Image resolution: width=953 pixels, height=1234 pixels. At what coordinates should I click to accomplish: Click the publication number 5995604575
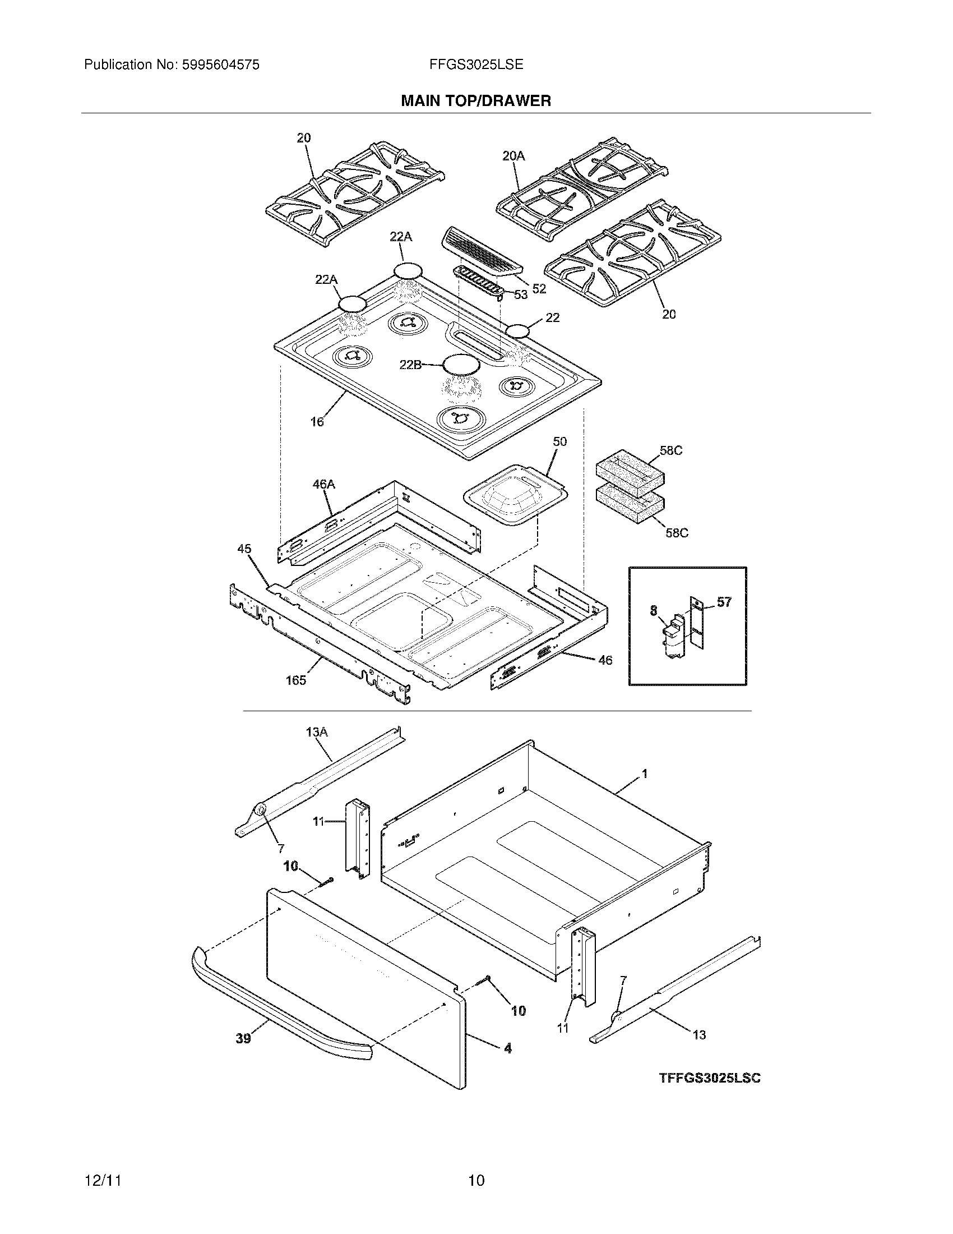coord(220,65)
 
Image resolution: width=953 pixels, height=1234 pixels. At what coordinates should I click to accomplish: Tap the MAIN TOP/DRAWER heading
coord(476,101)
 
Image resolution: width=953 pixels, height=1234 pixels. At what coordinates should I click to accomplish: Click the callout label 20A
coord(513,156)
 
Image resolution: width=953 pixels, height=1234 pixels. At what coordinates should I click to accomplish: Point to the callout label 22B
coord(410,365)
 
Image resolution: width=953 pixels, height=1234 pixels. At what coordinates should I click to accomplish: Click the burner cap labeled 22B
coord(461,365)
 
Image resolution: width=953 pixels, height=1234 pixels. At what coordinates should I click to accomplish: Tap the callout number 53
coord(520,294)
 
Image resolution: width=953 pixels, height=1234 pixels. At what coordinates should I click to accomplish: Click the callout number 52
coord(539,289)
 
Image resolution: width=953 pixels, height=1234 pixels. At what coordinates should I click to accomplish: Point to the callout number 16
coord(317,421)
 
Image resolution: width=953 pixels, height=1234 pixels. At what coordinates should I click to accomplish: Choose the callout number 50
coord(559,441)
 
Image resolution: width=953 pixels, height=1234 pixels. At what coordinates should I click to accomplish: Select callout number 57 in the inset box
coord(724,602)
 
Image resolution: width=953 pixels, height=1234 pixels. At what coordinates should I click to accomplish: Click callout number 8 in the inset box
coord(654,610)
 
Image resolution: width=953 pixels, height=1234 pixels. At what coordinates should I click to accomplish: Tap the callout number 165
coord(296,680)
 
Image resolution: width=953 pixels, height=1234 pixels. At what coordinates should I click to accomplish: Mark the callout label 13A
coord(317,732)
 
